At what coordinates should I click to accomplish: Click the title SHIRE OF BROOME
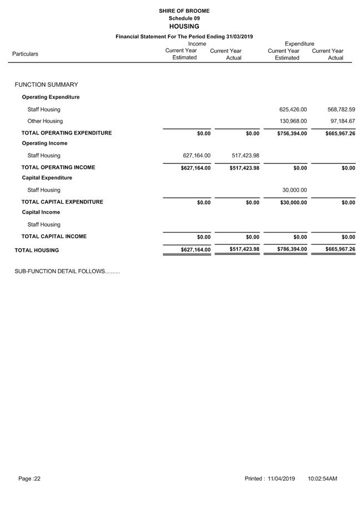pyautogui.click(x=184, y=11)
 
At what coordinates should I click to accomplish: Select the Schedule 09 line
pyautogui.click(x=184, y=18)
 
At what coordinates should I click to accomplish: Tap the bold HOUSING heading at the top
pyautogui.click(x=184, y=26)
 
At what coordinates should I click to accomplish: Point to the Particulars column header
pyautogui.click(x=25, y=54)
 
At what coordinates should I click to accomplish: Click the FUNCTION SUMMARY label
pyautogui.click(x=46, y=85)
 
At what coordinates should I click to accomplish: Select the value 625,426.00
pyautogui.click(x=293, y=110)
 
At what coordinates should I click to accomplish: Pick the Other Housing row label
pyautogui.click(x=45, y=121)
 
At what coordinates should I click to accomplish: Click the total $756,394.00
pyautogui.click(x=292, y=134)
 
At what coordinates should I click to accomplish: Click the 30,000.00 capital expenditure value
pyautogui.click(x=295, y=190)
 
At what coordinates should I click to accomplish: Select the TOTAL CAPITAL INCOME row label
pyautogui.click(x=54, y=236)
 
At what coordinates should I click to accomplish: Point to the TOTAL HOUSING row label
pyautogui.click(x=37, y=250)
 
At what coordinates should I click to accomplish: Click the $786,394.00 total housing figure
pyautogui.click(x=292, y=249)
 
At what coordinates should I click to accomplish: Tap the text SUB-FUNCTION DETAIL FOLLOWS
pyautogui.click(x=67, y=272)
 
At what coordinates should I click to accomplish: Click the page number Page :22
pyautogui.click(x=29, y=479)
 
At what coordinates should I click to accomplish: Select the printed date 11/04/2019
pyautogui.click(x=281, y=479)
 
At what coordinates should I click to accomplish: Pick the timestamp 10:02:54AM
pyautogui.click(x=322, y=479)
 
